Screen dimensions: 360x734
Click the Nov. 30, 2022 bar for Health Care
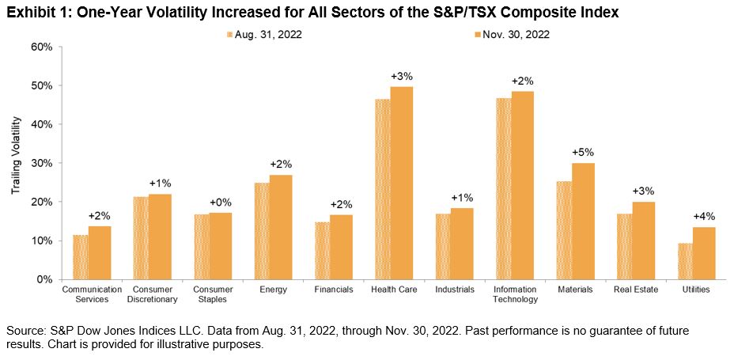(402, 183)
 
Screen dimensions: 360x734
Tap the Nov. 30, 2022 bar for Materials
(584, 221)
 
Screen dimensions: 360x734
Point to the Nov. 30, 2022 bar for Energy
(281, 227)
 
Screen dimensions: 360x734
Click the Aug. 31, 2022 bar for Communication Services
(80, 257)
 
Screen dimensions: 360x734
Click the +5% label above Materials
(582, 152)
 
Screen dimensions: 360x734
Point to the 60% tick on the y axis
(41, 47)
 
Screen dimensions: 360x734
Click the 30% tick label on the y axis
(41, 163)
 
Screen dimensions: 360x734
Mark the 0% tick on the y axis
(44, 279)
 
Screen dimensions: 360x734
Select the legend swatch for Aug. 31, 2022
(230, 34)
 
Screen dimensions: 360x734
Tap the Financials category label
(333, 290)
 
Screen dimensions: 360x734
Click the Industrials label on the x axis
(454, 290)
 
